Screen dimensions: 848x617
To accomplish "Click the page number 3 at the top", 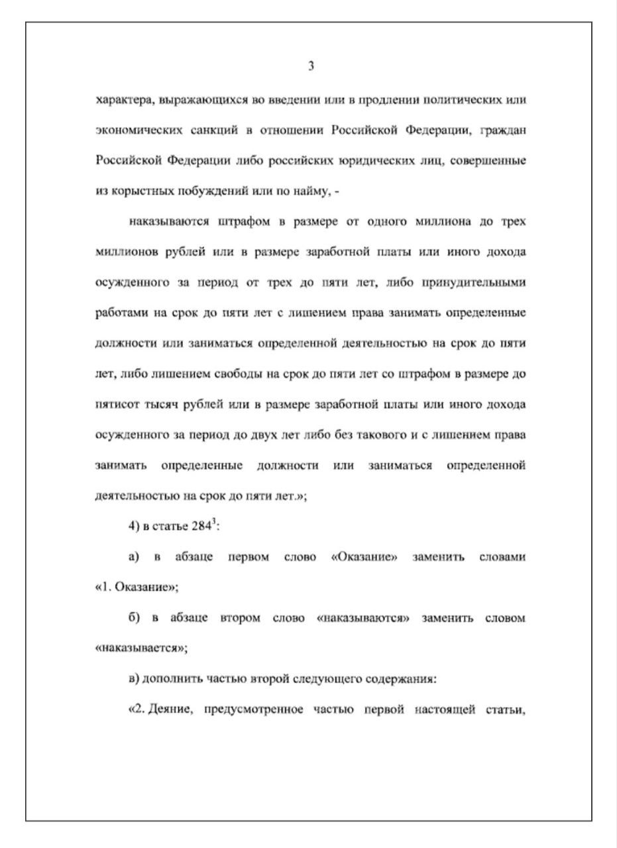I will click(x=311, y=66).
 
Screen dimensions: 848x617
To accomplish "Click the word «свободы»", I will click(x=239, y=374).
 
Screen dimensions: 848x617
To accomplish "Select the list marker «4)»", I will click(x=134, y=527).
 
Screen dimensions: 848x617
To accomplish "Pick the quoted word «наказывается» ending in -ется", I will click(x=141, y=649).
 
